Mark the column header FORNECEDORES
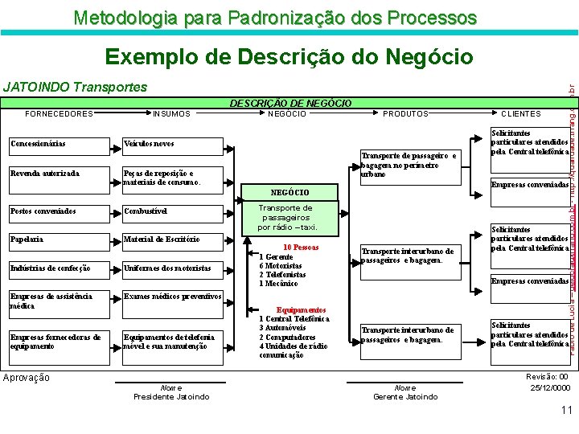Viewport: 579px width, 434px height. pos(60,114)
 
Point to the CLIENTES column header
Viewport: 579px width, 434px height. pos(521,114)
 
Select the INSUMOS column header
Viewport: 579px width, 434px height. pos(172,114)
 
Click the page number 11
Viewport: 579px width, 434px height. pos(566,410)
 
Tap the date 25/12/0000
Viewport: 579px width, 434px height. pos(550,387)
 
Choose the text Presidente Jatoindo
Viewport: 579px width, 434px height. pos(171,396)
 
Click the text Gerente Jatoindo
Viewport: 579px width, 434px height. pos(405,396)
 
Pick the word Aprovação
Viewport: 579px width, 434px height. pos(27,378)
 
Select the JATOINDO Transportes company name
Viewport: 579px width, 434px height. pos(76,87)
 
